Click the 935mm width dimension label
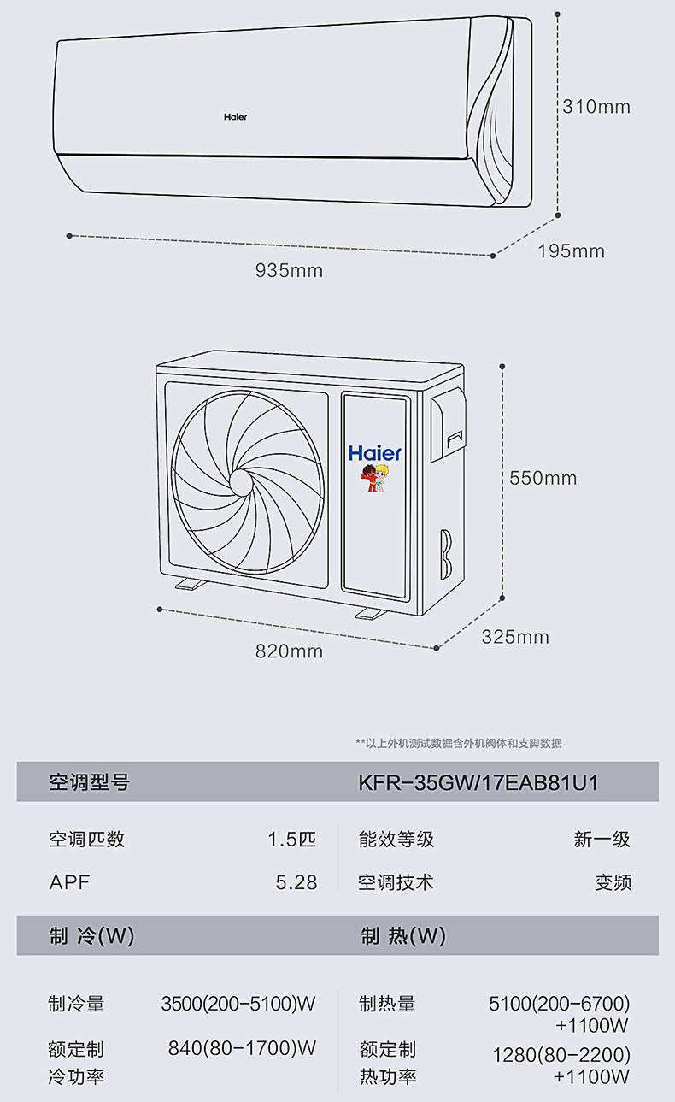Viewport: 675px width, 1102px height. [289, 271]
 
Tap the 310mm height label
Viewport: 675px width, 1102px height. [596, 107]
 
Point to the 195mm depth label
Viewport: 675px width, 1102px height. [571, 251]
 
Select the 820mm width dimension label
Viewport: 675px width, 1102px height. [289, 651]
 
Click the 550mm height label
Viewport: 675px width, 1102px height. [543, 478]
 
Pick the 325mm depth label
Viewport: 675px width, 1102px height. [515, 637]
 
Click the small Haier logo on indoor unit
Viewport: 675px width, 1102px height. [235, 116]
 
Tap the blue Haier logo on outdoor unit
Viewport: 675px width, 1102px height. [374, 453]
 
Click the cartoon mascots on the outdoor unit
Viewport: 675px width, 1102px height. [374, 480]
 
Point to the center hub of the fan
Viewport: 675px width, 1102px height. [240, 481]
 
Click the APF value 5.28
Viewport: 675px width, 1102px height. [296, 882]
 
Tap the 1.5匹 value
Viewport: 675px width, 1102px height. [291, 839]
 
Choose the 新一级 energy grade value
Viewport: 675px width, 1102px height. [602, 839]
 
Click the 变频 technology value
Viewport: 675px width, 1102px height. [613, 882]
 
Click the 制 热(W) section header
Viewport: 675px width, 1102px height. [402, 936]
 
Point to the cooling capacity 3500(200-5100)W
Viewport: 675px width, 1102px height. [238, 1004]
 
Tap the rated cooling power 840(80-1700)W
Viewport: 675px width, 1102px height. [242, 1047]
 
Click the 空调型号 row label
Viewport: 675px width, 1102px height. [89, 782]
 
